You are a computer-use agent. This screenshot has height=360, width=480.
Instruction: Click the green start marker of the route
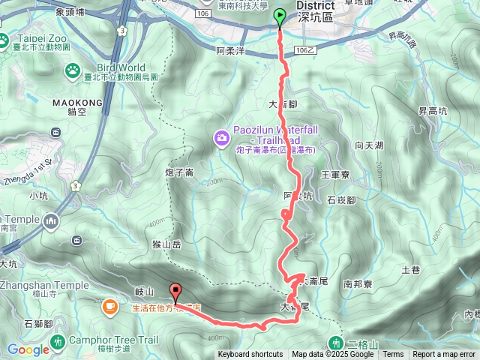(x=280, y=16)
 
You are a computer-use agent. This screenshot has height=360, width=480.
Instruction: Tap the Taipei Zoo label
(x=31, y=39)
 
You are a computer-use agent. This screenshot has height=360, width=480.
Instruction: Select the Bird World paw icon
(x=73, y=71)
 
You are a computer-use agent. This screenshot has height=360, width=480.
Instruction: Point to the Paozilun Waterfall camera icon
(x=221, y=136)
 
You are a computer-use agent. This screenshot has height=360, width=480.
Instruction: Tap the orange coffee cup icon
(x=109, y=306)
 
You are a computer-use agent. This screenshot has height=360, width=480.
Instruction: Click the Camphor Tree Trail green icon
(x=58, y=342)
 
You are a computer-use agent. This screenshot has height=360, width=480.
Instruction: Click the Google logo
(x=28, y=349)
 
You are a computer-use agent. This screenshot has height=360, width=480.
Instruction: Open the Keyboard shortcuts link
(x=250, y=355)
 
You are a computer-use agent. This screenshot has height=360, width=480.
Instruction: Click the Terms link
(x=393, y=355)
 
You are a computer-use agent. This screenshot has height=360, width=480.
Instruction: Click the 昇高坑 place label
(x=433, y=112)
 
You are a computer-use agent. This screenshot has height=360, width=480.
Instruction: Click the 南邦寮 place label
(x=358, y=285)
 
